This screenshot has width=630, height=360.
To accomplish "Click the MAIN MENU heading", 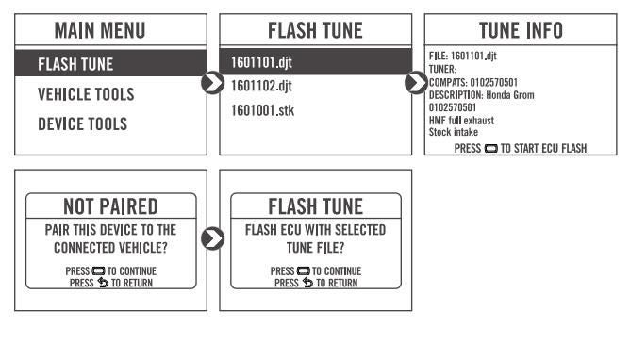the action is point(100,30).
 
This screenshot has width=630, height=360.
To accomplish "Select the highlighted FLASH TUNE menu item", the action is point(75,64).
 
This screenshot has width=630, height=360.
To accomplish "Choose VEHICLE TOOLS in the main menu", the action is point(86,94).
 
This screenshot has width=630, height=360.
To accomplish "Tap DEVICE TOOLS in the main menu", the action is point(82,124).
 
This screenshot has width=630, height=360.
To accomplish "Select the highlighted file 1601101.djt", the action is point(261,62).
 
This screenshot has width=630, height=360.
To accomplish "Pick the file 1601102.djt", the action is point(261,86).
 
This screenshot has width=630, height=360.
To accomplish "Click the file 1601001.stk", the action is point(262,110).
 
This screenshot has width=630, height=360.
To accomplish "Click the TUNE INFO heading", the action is point(521,30).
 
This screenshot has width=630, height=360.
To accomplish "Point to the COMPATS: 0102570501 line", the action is point(473,82).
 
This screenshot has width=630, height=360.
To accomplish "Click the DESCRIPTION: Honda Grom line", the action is point(482,95).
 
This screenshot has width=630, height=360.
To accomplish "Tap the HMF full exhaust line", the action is point(461,121).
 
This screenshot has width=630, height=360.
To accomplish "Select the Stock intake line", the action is point(454,132).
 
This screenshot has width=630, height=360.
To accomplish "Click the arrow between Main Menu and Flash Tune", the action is point(213,83).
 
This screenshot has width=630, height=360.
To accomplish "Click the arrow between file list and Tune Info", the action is point(417,83).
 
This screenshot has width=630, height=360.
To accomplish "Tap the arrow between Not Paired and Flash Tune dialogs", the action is point(213,238).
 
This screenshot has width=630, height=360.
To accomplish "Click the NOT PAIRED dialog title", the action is point(111,206).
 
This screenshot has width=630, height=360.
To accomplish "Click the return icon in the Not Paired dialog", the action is point(103,283).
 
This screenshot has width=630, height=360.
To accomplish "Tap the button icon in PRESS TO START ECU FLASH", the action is point(491,149).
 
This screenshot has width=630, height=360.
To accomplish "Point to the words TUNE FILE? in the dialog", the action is point(315,248).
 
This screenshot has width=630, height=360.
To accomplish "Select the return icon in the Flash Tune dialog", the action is point(307,283).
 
